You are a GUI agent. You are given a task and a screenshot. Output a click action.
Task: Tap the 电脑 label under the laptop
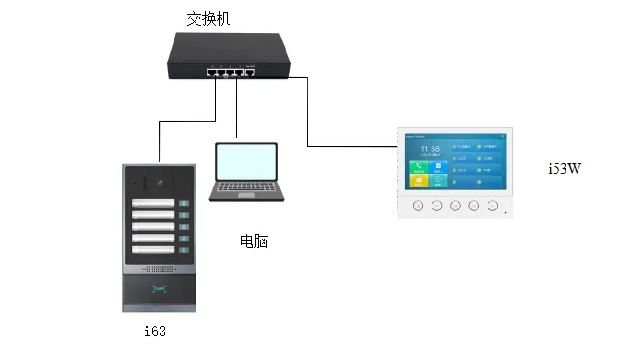tap(254, 242)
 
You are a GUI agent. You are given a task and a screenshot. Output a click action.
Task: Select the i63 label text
tap(155, 331)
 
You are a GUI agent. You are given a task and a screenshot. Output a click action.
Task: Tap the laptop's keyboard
tap(244, 190)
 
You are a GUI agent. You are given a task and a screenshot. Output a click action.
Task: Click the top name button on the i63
tap(155, 204)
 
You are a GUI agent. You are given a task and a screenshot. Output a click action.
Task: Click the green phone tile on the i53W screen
tap(418, 167)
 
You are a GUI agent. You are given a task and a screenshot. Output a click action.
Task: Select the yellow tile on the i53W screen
tap(418, 182)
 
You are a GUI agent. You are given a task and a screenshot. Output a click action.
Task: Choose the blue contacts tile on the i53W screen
tap(438, 167)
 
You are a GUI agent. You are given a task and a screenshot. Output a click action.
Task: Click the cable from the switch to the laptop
tap(239, 110)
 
